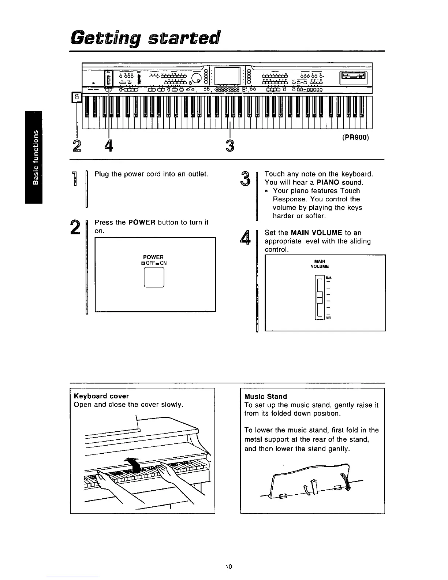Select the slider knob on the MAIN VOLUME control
pos(320,297)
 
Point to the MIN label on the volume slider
pos(328,318)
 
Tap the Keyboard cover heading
pos(101,396)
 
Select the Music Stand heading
pos(265,397)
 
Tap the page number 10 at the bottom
pos(229,567)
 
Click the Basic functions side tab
pos(34,157)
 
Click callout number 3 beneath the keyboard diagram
pos(229,146)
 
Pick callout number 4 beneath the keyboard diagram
pos(108,146)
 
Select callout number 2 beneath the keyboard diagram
pos(77,146)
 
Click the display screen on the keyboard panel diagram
pos(228,77)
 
